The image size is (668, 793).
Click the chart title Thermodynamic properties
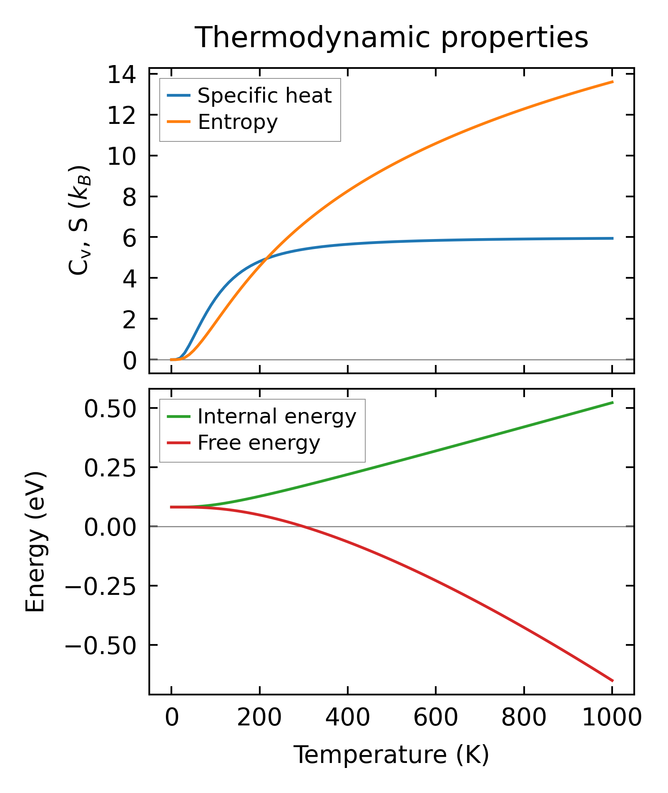391,38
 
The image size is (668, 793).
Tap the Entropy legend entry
237,122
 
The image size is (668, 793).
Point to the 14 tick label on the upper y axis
122,76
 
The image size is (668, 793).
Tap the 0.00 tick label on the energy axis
110,528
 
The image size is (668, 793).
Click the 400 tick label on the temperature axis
347,718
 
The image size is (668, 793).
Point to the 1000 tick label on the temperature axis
611,718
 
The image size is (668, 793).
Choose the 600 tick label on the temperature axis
435,718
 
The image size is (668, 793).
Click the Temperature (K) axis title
391,755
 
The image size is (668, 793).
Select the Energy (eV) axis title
35,542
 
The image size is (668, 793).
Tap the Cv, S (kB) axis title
79,220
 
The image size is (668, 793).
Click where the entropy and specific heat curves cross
266,258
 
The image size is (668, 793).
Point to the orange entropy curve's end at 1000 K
612,82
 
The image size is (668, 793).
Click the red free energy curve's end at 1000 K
612,681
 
